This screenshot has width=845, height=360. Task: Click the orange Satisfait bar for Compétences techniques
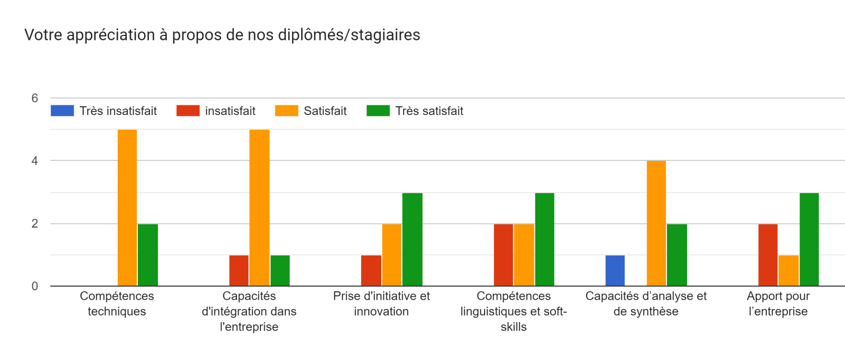(x=127, y=207)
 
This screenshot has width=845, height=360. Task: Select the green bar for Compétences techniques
(x=148, y=255)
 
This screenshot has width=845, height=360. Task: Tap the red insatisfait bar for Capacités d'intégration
(x=239, y=270)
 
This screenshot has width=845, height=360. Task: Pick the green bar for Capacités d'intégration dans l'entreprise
(x=280, y=270)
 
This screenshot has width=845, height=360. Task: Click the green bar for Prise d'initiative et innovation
(x=412, y=239)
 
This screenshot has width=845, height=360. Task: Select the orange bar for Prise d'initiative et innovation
(x=392, y=255)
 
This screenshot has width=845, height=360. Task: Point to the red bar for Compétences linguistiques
(x=503, y=255)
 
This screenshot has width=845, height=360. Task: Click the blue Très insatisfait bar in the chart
(x=615, y=270)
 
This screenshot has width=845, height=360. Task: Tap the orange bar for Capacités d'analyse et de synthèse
(x=656, y=223)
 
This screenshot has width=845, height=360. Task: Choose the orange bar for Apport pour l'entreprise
(x=788, y=270)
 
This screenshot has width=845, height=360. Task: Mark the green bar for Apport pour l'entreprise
(x=809, y=239)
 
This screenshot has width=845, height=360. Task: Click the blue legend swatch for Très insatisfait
(x=62, y=111)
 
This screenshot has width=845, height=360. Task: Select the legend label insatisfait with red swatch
(x=230, y=111)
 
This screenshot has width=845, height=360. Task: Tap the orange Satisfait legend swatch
(x=286, y=111)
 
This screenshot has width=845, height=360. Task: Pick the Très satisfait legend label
(x=429, y=111)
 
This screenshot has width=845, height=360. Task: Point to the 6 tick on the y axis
(x=35, y=98)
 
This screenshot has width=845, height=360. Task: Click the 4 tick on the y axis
(x=35, y=161)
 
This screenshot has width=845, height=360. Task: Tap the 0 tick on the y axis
(x=35, y=286)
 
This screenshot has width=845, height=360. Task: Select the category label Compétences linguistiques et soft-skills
(x=513, y=311)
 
